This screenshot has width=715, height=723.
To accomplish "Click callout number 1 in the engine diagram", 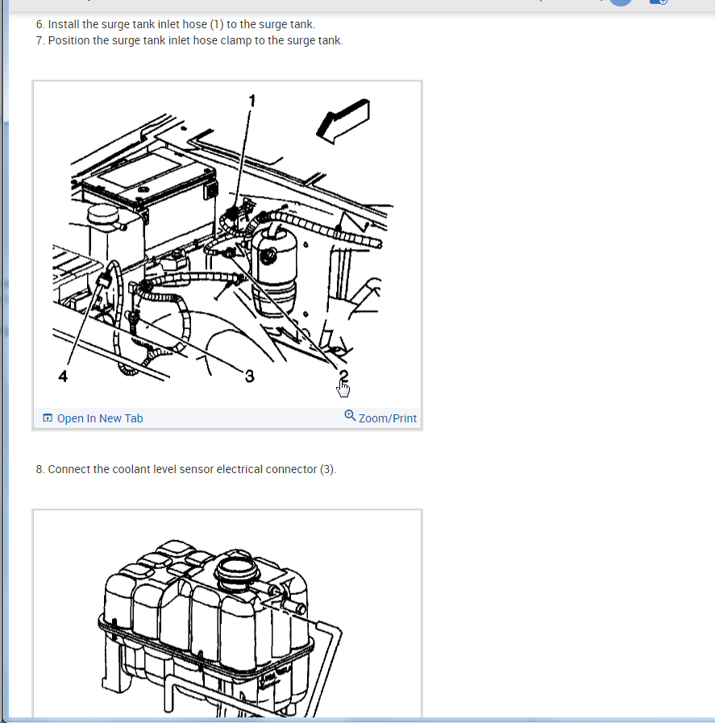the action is click(251, 101).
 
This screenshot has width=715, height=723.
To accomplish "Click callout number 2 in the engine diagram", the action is click(343, 376).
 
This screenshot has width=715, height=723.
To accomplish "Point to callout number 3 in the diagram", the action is click(249, 376).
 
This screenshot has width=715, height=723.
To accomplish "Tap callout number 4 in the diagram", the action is click(63, 376).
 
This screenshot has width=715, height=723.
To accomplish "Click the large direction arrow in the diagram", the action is click(343, 121).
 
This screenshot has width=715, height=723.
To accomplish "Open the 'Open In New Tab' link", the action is click(100, 418).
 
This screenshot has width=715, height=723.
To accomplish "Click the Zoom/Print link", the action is click(387, 418).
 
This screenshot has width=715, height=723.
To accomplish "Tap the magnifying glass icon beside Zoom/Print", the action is click(350, 415).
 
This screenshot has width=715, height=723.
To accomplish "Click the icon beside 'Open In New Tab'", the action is click(47, 418).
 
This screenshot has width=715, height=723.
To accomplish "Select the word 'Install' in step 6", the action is click(64, 24).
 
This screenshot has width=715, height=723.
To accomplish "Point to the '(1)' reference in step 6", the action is click(217, 24).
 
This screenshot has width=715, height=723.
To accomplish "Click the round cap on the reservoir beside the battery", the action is click(103, 213).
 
